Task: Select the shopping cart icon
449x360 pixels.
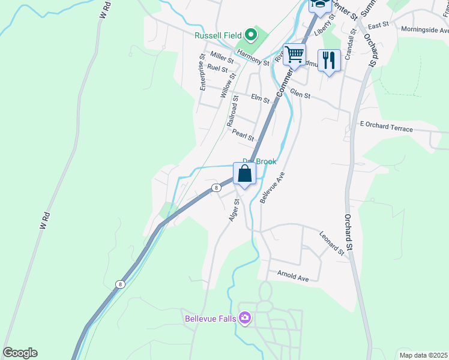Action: [294, 55]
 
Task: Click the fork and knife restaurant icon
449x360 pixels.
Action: [329, 60]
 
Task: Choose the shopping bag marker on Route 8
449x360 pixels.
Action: [245, 174]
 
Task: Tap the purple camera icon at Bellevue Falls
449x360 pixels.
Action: [244, 317]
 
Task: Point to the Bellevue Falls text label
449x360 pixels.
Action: [211, 317]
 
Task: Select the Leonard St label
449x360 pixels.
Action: [331, 244]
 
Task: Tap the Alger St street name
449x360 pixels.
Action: [234, 211]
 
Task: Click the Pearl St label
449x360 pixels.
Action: [244, 136]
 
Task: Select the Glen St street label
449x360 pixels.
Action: [300, 94]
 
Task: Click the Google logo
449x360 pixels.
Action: [20, 353]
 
